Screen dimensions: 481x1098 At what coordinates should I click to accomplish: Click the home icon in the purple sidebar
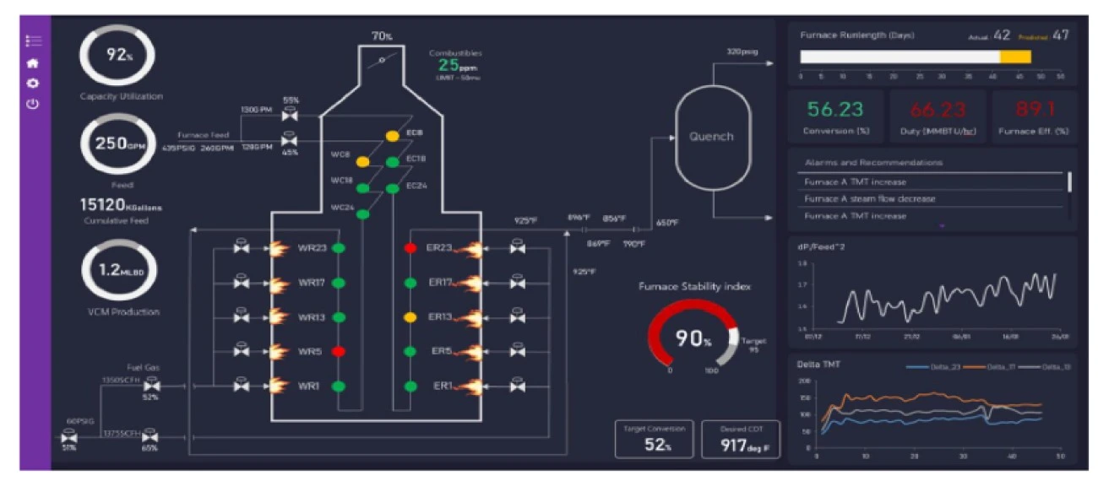[34, 62]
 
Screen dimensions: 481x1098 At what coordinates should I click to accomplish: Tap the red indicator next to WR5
[339, 351]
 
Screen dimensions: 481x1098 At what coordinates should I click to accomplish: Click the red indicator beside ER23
[410, 248]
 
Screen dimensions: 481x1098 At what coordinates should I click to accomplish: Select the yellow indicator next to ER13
[410, 317]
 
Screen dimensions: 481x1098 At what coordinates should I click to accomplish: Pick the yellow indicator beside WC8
[362, 160]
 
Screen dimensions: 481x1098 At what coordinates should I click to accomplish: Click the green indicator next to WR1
[339, 386]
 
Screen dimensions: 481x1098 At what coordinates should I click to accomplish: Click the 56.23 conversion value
[834, 111]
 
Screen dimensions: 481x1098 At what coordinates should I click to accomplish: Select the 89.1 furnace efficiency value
[1034, 111]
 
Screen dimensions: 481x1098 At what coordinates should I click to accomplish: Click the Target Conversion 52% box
[655, 439]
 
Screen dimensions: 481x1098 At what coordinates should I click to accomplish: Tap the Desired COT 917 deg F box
[740, 439]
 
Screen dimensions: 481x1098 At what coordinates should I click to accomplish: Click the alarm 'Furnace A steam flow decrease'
[869, 199]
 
